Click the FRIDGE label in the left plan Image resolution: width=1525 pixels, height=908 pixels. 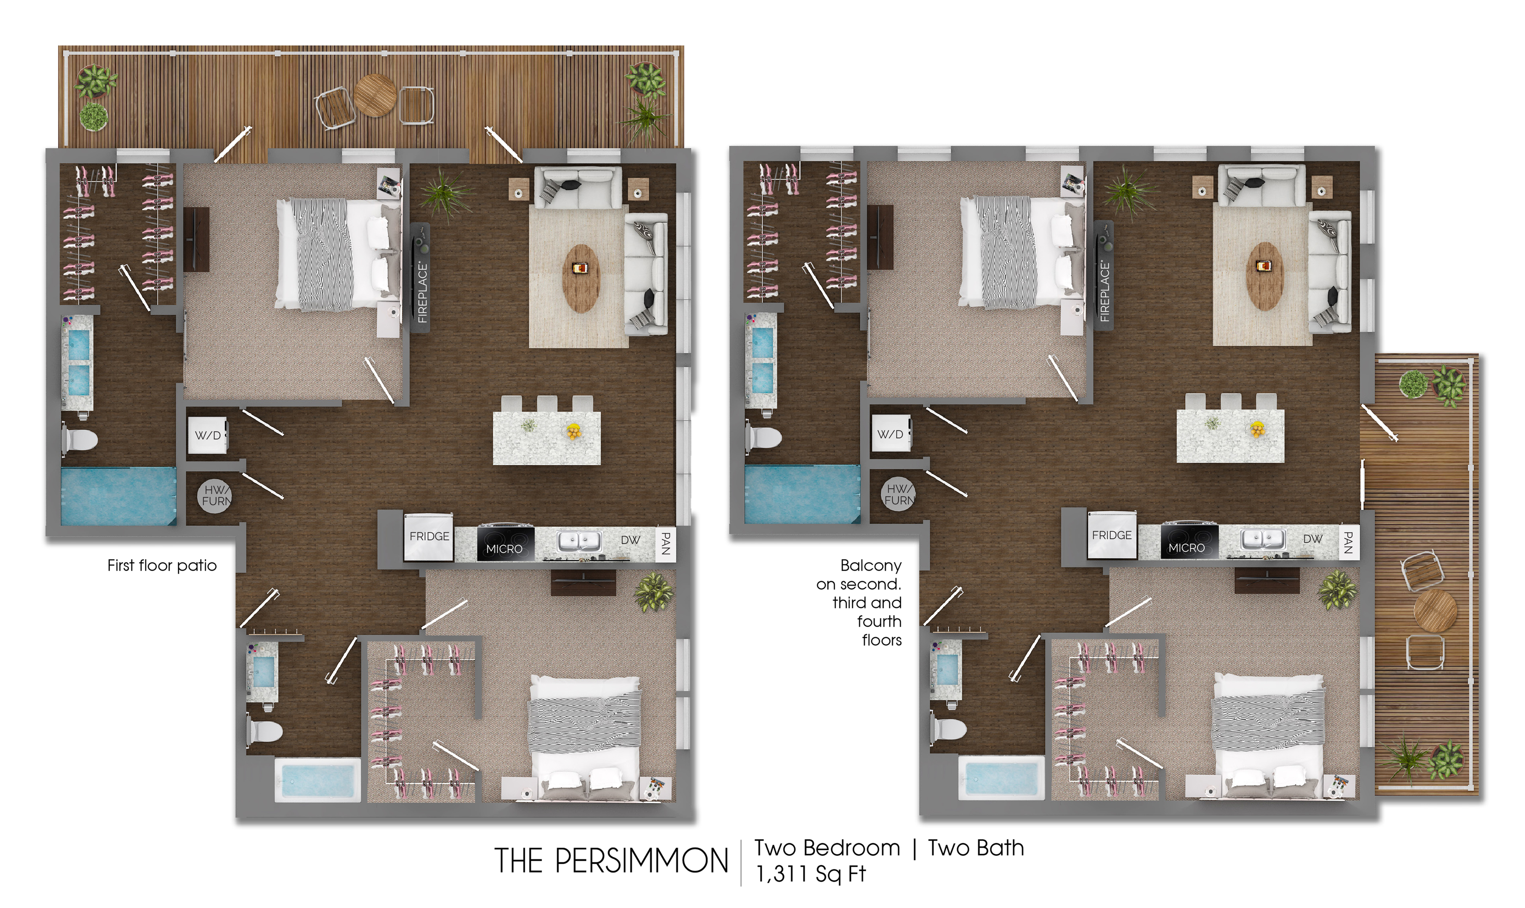tap(429, 536)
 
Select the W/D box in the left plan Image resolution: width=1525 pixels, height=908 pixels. tap(208, 435)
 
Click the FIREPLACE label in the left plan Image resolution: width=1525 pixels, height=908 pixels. tap(422, 292)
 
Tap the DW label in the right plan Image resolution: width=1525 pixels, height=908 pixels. tap(1313, 539)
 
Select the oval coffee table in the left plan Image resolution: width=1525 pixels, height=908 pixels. tap(580, 279)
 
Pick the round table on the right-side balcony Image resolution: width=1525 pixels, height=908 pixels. tap(1435, 610)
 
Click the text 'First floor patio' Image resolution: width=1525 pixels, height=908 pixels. tap(162, 565)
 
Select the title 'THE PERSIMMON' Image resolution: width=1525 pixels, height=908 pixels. tap(611, 861)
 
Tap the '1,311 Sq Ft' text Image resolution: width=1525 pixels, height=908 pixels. tap(811, 874)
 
